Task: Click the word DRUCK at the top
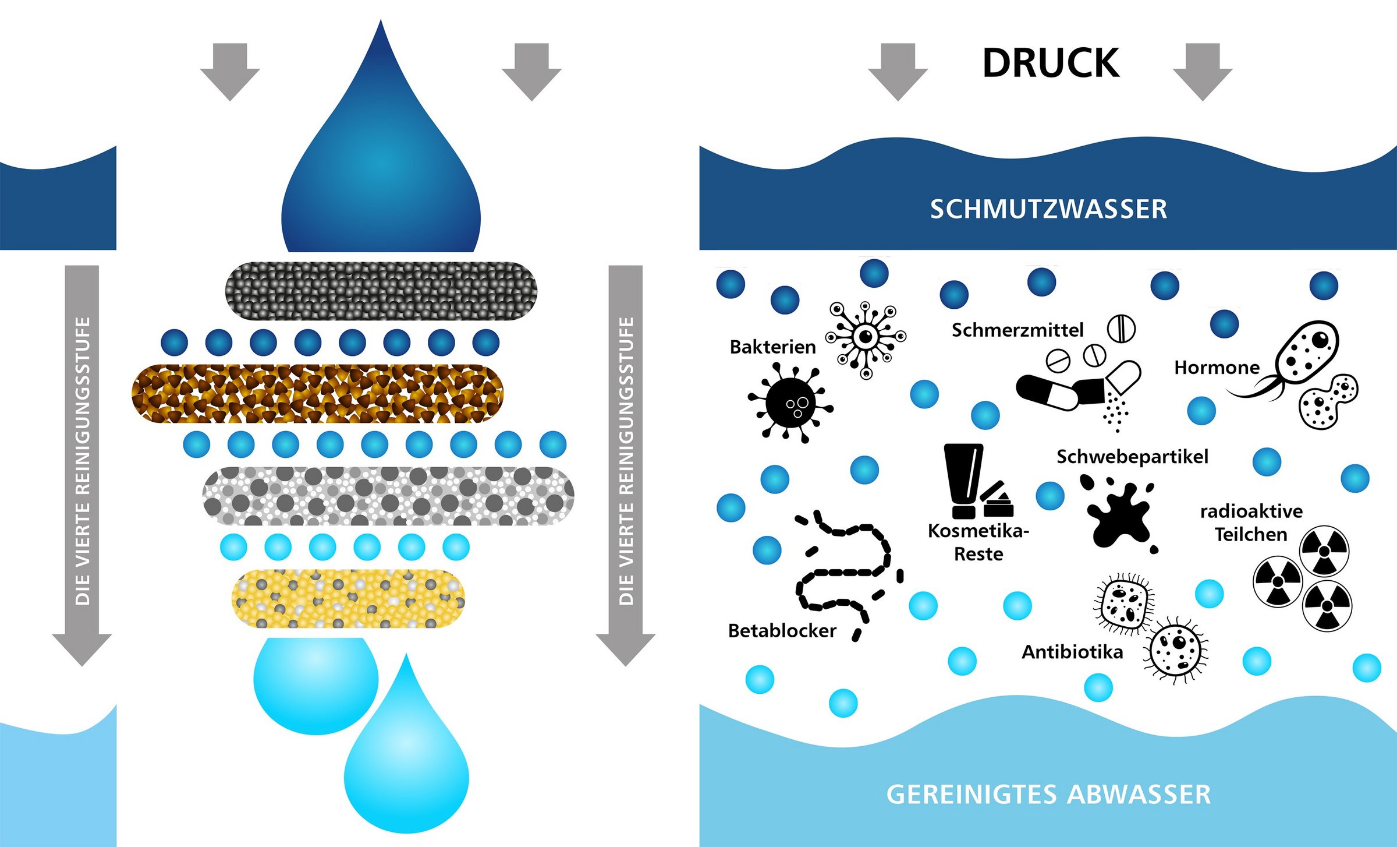[x=1050, y=63]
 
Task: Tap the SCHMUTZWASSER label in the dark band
[x=1048, y=209]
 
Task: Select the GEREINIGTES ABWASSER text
[x=1048, y=795]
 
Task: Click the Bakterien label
[x=772, y=347]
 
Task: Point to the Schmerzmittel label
[x=1017, y=330]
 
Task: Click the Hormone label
[x=1217, y=368]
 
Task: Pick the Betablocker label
[x=782, y=630]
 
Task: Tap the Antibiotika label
[x=1072, y=652]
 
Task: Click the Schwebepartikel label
[x=1132, y=457]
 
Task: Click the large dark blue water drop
[x=381, y=175]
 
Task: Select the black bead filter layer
[x=381, y=291]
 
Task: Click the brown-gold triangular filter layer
[x=317, y=394]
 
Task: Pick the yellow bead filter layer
[x=348, y=599]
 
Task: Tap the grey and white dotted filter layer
[x=388, y=496]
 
